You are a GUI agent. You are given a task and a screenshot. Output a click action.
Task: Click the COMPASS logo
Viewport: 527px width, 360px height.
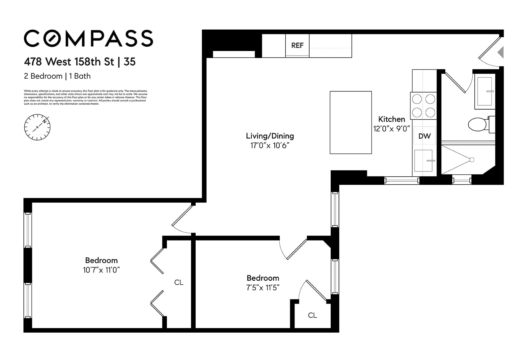(88, 39)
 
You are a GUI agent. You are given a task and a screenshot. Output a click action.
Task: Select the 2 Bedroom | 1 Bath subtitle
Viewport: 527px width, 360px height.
(57, 76)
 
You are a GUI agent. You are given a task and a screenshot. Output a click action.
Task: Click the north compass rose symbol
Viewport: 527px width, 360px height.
(37, 127)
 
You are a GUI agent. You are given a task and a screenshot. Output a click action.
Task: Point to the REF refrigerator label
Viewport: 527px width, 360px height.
(297, 46)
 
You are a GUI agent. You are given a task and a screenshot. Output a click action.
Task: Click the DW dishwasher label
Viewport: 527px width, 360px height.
(424, 136)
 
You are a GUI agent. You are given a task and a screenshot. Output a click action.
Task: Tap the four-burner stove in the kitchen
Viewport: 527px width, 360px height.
(424, 106)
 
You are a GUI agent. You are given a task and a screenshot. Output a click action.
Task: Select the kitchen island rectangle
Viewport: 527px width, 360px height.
(351, 122)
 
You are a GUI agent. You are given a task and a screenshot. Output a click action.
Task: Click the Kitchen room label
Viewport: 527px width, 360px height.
(391, 119)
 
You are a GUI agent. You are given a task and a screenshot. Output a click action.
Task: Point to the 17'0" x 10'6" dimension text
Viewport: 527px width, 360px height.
(270, 145)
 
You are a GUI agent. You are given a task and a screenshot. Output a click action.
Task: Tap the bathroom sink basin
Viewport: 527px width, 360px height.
(485, 91)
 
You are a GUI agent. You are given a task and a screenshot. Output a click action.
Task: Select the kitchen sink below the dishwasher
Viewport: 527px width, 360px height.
(423, 161)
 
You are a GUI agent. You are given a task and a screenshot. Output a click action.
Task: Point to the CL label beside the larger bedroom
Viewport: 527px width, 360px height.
(179, 282)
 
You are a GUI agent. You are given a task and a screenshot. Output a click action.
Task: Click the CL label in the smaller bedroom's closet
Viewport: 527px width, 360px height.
(312, 315)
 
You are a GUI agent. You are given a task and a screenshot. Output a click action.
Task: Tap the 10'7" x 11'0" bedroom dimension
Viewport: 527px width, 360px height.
(101, 270)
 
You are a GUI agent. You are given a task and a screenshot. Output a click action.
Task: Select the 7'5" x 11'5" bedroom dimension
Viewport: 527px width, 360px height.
(263, 288)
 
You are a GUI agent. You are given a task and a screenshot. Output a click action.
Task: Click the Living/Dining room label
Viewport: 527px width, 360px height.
(270, 136)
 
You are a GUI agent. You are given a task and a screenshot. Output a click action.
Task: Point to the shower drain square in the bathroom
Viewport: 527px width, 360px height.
(472, 160)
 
